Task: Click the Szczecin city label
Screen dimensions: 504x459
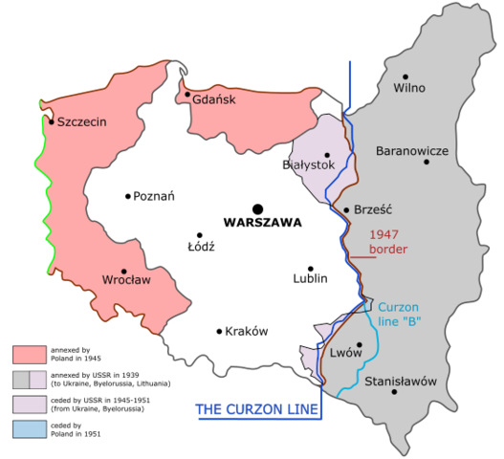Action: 81,122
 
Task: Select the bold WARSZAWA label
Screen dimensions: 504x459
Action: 261,223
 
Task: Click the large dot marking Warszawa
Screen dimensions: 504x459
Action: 256,208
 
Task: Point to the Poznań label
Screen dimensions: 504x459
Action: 154,197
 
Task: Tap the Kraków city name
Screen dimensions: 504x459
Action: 246,332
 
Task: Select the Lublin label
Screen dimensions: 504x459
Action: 310,279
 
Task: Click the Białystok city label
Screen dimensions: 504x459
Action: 308,165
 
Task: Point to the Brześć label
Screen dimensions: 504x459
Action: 374,210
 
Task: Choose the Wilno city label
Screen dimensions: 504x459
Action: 408,89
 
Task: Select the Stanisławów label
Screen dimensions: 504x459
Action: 401,382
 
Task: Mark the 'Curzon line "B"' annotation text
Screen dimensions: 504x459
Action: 400,314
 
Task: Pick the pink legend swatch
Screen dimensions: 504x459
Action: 29,354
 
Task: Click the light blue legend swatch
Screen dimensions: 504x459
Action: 29,427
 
